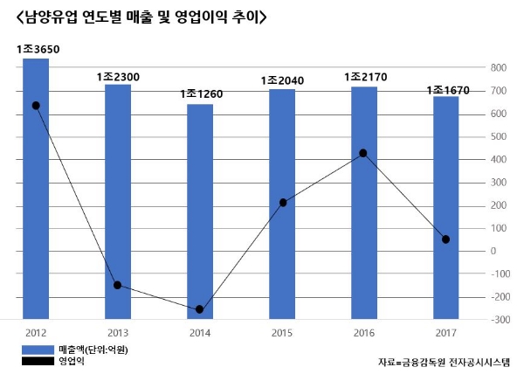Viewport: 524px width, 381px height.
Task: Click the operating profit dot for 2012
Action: click(x=36, y=106)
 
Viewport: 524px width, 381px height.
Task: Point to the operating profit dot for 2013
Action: click(x=117, y=285)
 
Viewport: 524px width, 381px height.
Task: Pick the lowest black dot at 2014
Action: click(x=200, y=309)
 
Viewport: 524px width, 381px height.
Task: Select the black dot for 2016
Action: click(x=363, y=153)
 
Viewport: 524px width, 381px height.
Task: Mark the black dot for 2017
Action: click(x=446, y=239)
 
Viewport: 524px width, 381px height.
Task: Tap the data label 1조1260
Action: click(x=201, y=94)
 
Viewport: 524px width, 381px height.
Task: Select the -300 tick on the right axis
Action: click(x=497, y=320)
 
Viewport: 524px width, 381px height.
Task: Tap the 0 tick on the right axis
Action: click(x=494, y=251)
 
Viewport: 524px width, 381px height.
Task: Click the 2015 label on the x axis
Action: click(x=282, y=332)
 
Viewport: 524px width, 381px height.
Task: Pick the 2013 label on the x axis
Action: click(x=118, y=332)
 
